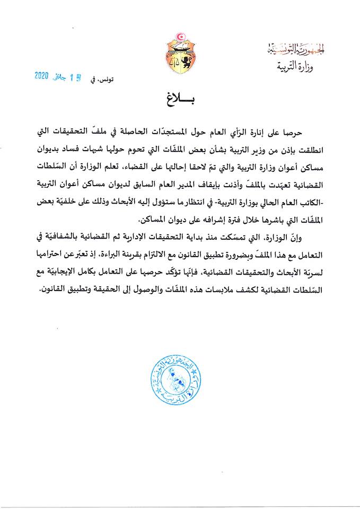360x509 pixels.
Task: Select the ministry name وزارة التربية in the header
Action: coord(295,67)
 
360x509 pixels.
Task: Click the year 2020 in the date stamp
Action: coord(41,76)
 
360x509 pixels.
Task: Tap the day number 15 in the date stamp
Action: coord(74,76)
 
